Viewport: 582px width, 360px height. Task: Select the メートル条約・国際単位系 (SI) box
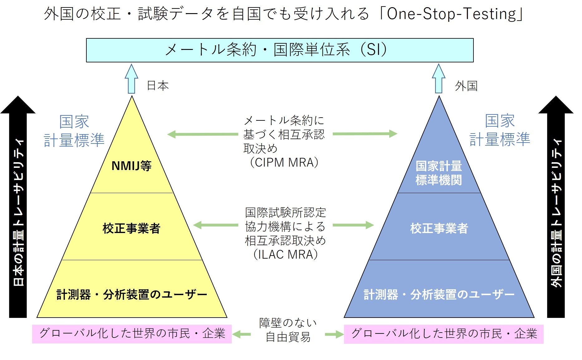pos(279,50)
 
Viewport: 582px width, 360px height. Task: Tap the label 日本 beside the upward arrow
pos(158,86)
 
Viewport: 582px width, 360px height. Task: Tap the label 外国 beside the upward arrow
pos(466,86)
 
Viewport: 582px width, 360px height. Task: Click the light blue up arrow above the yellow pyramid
pos(132,79)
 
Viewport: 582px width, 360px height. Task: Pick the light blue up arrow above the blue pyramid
pos(439,79)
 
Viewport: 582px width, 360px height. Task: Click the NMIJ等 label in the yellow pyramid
pos(131,166)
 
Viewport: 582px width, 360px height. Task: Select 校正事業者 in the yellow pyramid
pos(131,228)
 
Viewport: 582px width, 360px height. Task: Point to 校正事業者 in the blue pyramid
pos(439,228)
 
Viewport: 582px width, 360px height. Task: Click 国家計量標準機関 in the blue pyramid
pos(439,173)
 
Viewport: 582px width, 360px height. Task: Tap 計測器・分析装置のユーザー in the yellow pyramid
pos(132,294)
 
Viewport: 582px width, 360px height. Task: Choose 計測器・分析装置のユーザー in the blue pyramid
pos(439,294)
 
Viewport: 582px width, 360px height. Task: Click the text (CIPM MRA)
pos(284,163)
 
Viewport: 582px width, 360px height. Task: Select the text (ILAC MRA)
pos(285,255)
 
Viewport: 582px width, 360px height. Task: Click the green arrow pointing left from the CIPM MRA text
pos(203,134)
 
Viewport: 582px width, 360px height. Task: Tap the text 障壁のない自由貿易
pos(288,330)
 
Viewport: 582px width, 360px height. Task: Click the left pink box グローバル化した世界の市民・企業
pos(132,334)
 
